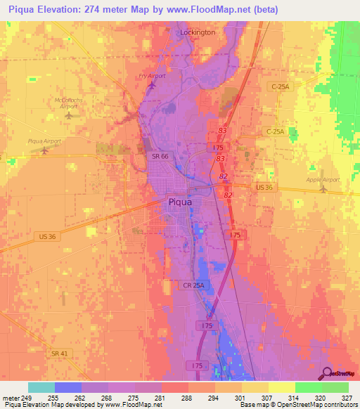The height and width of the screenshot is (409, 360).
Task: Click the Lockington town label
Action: point(198,32)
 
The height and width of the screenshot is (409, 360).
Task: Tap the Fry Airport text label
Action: point(151,76)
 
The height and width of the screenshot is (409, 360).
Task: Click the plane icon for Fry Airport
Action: point(152,85)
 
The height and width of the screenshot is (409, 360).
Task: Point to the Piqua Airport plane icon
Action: point(46,149)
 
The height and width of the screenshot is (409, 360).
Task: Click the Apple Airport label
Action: point(323,180)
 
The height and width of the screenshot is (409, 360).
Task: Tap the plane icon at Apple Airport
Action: point(323,188)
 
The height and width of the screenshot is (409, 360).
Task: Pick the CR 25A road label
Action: point(193,285)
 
